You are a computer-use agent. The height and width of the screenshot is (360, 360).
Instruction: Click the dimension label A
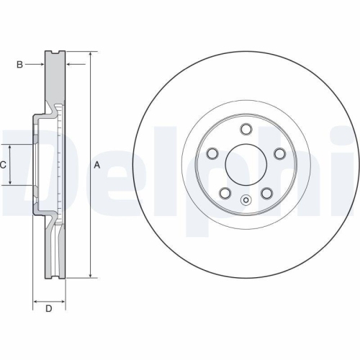tap(97, 165)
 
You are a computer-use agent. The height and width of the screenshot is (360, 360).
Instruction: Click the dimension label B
tap(19, 65)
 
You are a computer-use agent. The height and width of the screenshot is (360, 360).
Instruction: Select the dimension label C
tap(3, 165)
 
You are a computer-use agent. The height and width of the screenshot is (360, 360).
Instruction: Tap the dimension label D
tap(48, 310)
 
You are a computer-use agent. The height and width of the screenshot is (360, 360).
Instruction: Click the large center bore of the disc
tap(246, 165)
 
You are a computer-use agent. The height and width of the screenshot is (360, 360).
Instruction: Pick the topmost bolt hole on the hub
tap(246, 130)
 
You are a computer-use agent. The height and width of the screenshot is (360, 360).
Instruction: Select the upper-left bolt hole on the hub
tap(212, 154)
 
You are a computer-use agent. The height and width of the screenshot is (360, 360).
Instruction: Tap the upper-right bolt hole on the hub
tap(279, 154)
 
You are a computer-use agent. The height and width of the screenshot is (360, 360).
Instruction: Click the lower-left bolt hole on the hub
tap(225, 194)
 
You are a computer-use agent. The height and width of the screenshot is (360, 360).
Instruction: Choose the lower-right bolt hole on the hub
tap(266, 194)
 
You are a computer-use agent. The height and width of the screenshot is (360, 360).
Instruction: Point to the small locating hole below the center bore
tap(246, 201)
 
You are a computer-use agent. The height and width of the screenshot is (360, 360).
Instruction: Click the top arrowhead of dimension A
tap(91, 55)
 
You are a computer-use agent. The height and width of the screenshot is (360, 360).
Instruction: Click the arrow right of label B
tap(42, 65)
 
